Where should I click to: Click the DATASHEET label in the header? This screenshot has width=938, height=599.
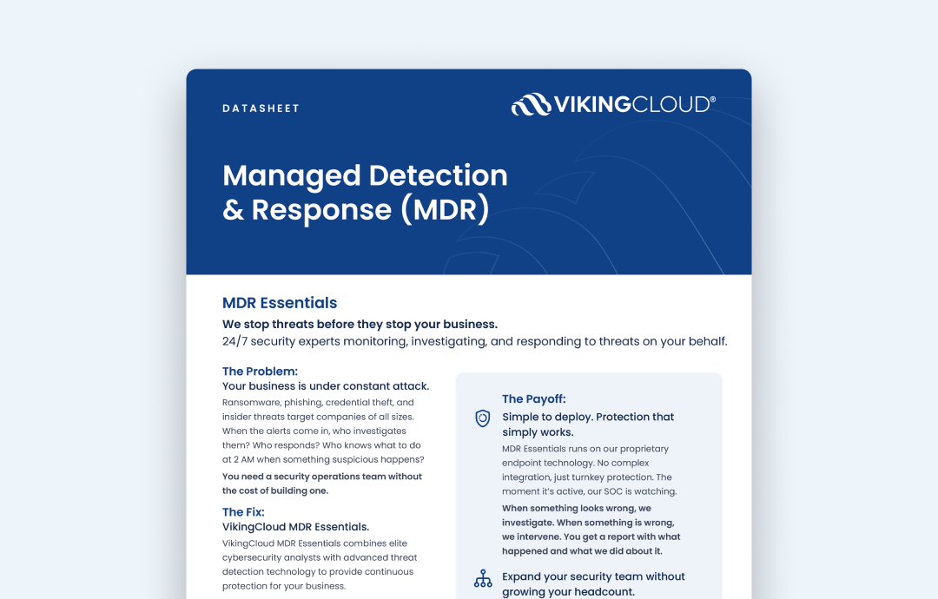point(261,109)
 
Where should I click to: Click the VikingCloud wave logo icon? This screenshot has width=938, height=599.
point(531,105)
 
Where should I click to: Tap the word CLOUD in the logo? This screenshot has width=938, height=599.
point(670,105)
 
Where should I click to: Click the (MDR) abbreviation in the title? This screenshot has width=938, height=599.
point(446,209)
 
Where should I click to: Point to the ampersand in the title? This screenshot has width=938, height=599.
point(233,210)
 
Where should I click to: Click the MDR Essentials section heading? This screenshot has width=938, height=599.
point(280,303)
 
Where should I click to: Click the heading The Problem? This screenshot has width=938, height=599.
point(260,372)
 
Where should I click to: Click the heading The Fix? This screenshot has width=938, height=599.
point(243,512)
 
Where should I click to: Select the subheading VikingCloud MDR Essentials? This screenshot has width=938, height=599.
point(295,527)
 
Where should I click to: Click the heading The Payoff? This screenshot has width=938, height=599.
point(533,399)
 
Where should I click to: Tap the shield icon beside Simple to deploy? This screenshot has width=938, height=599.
point(483,418)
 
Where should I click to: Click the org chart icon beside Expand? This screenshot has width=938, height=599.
point(483,579)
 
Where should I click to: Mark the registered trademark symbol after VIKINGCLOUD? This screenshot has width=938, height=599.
point(713,99)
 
